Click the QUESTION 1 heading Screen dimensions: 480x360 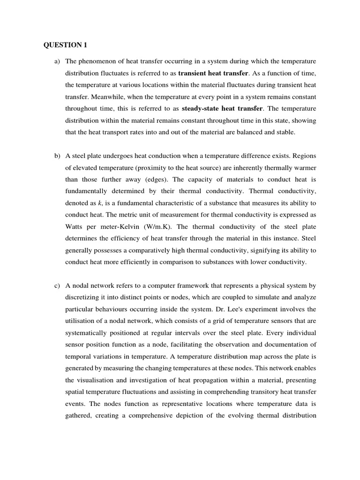tap(65, 45)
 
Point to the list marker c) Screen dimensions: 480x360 tap(58, 272)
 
